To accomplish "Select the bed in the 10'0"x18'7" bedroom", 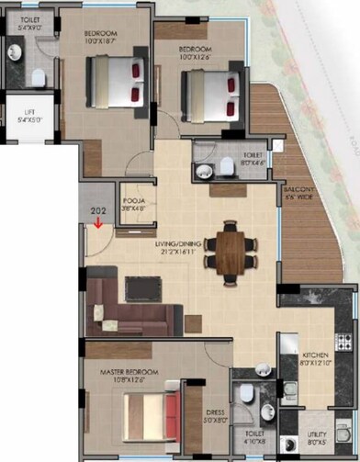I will [115, 81].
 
